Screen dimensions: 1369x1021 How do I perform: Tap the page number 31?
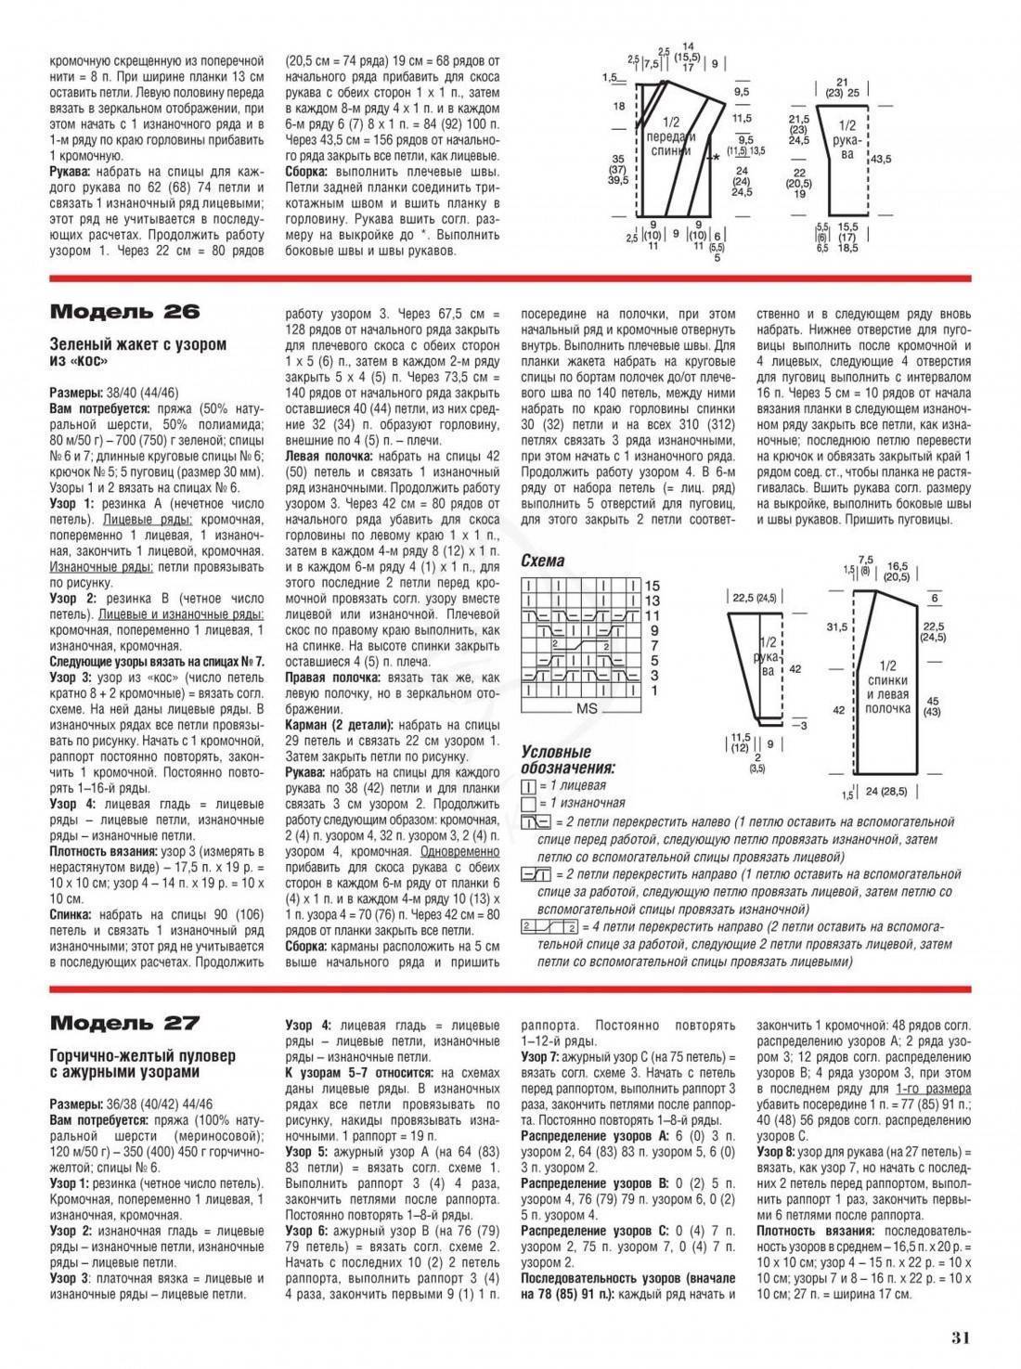(960, 1337)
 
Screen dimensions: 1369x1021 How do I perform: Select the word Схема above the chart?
(543, 562)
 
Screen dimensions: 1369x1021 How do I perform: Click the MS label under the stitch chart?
(587, 708)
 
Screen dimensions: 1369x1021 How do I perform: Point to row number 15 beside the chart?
(652, 587)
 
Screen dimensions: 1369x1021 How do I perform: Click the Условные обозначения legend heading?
(567, 759)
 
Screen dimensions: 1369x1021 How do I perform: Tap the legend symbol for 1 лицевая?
(529, 785)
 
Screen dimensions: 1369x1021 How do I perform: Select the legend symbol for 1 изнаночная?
(529, 803)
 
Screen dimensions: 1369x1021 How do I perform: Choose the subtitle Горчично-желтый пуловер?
(143, 1056)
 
